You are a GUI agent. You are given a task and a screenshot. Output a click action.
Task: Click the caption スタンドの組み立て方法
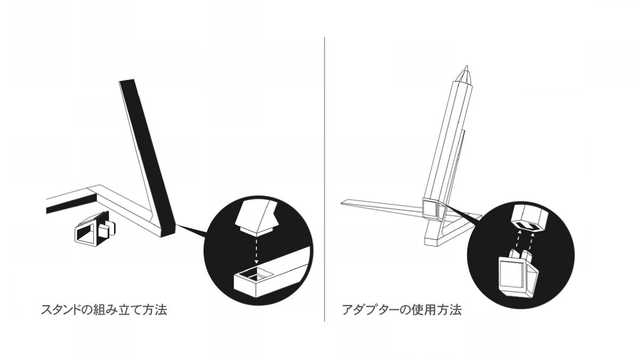(104, 309)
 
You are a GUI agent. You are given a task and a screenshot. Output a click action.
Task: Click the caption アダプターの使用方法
(402, 309)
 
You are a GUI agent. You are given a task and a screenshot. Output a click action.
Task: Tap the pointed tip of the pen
(467, 66)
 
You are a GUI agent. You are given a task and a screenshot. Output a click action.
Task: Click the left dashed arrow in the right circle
(519, 241)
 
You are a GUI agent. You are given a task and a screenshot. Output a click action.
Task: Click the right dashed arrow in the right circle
(531, 241)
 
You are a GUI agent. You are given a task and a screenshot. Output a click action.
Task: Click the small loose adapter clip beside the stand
(94, 228)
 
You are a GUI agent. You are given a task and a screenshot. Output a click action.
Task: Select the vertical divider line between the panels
(325, 179)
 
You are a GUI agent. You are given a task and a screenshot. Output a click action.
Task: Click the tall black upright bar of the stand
(147, 154)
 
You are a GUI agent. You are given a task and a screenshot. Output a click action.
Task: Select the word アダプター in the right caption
(370, 309)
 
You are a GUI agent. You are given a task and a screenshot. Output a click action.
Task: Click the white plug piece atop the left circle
(256, 218)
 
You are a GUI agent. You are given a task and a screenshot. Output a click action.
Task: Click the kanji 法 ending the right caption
(456, 309)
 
